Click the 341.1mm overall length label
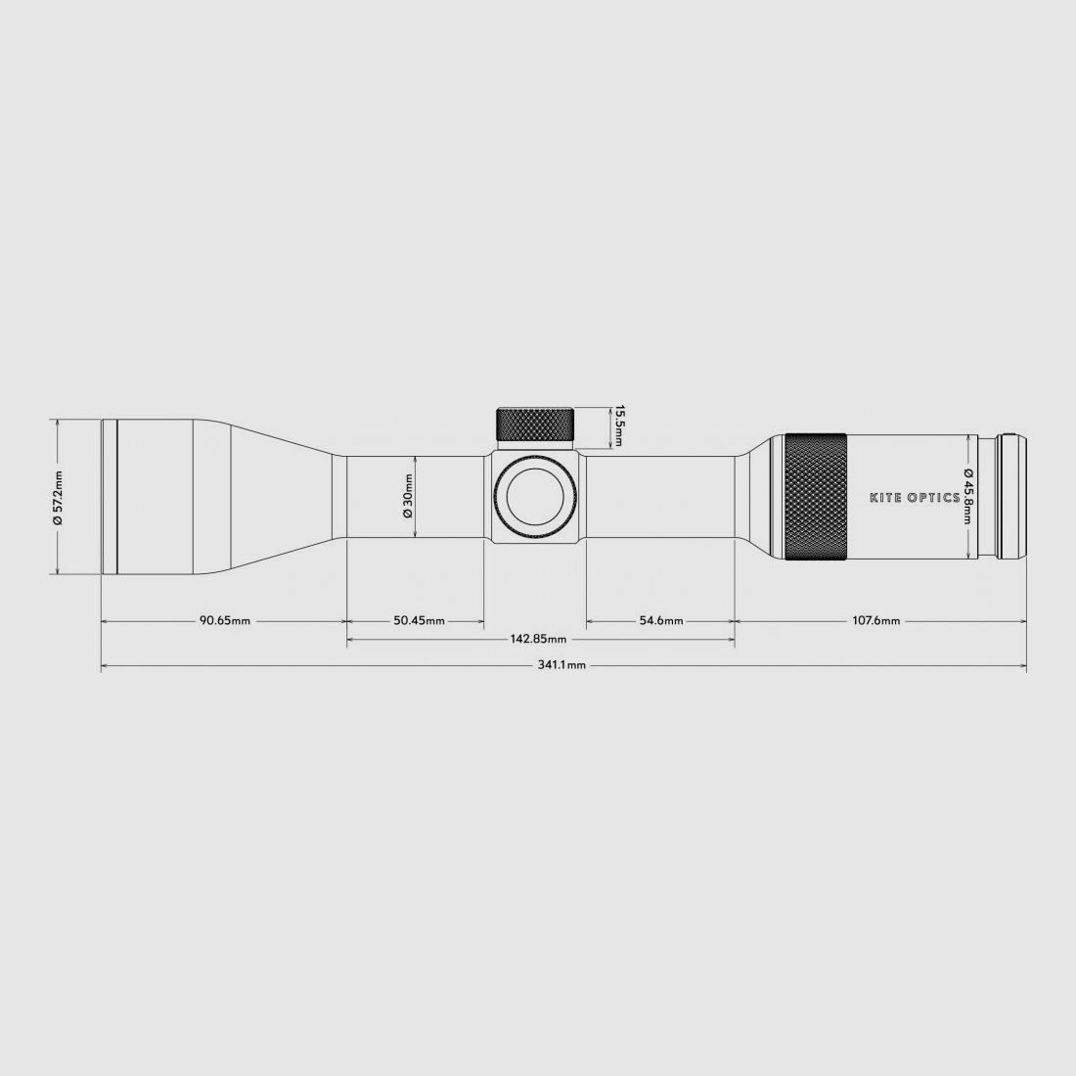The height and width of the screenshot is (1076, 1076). [x=561, y=665]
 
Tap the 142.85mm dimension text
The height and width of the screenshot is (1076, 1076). [x=539, y=640]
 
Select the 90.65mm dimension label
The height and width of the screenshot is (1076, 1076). [x=224, y=620]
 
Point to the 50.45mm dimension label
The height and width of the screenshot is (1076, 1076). [x=420, y=620]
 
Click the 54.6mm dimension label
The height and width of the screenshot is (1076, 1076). [x=661, y=620]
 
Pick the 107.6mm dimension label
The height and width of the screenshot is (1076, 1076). [x=876, y=620]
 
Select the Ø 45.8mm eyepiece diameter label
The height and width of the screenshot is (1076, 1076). [x=968, y=496]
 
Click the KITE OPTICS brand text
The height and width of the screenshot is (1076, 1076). [x=915, y=497]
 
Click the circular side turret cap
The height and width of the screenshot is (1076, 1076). [x=535, y=497]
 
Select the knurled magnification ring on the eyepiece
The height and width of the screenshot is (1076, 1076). [x=816, y=497]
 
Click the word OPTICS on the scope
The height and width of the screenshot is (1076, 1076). [x=932, y=497]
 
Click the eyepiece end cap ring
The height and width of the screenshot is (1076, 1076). [x=1012, y=497]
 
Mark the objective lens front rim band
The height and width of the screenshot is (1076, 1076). [x=110, y=497]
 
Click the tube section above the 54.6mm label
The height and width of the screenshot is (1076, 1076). [x=661, y=497]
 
